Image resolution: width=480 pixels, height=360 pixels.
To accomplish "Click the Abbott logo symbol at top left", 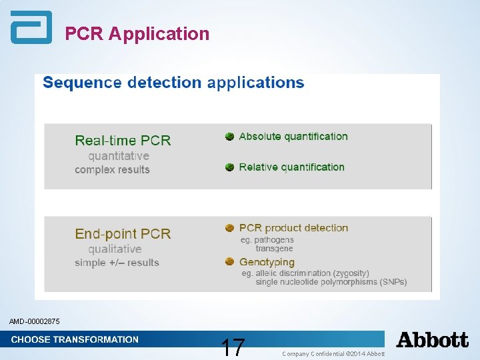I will tap(31, 27).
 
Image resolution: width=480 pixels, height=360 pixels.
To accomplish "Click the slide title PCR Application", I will tap(137, 33).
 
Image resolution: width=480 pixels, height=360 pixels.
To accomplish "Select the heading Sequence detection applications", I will tap(173, 83).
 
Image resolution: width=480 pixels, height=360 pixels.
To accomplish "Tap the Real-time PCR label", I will tap(123, 140).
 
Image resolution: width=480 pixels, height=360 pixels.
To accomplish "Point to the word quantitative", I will tap(119, 155).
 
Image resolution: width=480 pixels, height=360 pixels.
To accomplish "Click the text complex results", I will tap(112, 169).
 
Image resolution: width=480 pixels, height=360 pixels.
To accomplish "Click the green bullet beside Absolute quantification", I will tap(229, 137).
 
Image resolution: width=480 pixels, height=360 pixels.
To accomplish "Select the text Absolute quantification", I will tap(293, 137).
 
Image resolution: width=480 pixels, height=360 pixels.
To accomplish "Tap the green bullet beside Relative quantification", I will tap(229, 167).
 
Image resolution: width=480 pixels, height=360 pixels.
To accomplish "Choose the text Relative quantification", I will tap(291, 167).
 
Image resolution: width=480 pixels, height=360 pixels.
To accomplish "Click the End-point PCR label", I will tap(123, 234).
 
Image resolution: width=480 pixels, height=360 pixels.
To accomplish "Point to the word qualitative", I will tap(115, 249).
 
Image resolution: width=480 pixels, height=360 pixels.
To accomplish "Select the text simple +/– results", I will tap(117, 263).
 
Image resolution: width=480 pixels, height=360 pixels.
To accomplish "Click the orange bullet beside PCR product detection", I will tap(229, 228).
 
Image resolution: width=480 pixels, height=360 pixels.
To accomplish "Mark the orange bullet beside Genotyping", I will tap(229, 262).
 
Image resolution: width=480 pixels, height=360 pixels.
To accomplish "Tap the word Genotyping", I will tap(267, 262).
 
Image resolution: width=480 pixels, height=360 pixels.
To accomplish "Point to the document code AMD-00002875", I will tap(35, 322).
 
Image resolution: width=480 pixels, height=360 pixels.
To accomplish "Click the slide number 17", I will tap(233, 347).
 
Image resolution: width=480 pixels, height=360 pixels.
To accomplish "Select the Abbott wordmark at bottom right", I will tap(433, 340).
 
